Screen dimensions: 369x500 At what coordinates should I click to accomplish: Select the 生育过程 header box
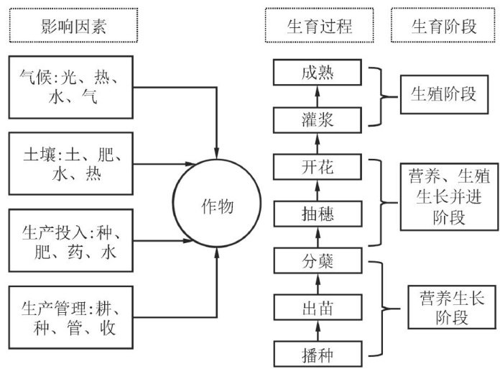318,27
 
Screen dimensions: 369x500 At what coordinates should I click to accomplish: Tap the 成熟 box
318,72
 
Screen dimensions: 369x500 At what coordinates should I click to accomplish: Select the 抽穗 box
318,214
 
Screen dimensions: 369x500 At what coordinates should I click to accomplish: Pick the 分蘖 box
318,261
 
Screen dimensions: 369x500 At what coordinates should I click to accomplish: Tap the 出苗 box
318,309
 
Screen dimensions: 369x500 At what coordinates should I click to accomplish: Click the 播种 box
318,355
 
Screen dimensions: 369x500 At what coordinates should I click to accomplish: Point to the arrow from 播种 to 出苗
318,332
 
